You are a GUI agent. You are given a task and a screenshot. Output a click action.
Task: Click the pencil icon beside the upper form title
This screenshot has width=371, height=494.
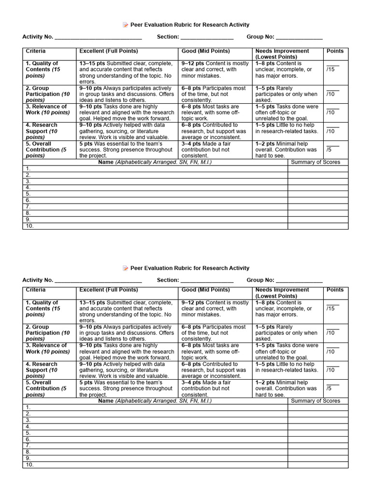(126, 25)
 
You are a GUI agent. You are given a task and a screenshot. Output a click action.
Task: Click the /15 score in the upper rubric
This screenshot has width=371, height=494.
(331, 69)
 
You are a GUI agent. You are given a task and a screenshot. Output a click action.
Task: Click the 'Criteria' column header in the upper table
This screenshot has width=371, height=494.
(36, 51)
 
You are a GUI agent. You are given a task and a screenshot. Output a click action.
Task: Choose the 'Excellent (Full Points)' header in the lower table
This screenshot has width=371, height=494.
(108, 290)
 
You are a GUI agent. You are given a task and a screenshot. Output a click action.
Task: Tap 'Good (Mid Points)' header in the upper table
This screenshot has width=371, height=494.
(206, 51)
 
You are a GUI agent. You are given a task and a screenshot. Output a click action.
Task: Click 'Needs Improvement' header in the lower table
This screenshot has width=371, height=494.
(282, 290)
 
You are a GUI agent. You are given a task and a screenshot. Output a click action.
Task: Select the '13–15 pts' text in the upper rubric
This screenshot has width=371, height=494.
(92, 64)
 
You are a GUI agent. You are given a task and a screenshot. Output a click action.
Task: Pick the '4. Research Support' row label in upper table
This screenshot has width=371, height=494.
(42, 128)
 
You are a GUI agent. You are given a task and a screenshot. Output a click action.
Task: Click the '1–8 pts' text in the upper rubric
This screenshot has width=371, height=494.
(265, 64)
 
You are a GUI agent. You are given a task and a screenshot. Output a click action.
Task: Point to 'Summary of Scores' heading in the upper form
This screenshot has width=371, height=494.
(315, 162)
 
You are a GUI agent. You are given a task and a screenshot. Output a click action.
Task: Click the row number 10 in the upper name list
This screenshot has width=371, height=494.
(29, 226)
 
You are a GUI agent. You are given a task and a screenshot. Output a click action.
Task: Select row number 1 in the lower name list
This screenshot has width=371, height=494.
(28, 408)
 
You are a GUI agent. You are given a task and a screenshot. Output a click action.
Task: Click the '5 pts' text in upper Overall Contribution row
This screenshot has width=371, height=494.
(86, 144)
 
